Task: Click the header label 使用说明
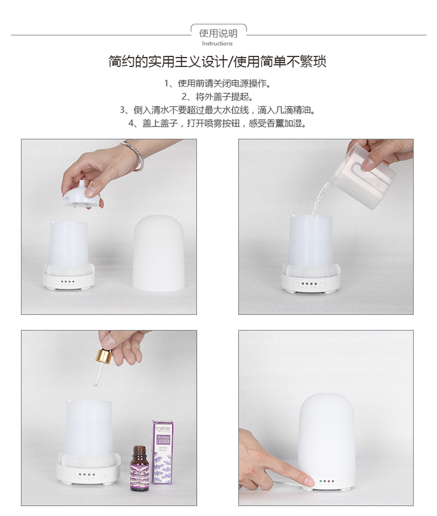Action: [218, 33]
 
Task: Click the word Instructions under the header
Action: [217, 44]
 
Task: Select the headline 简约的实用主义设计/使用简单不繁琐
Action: [218, 62]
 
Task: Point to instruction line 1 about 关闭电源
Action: [218, 83]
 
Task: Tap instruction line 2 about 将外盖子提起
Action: [218, 96]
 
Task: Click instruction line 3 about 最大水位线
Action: [218, 110]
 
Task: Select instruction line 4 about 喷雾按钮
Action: [218, 123]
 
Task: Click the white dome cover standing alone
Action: [158, 252]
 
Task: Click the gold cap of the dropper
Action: [105, 355]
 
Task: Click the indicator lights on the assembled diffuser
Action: [327, 482]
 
